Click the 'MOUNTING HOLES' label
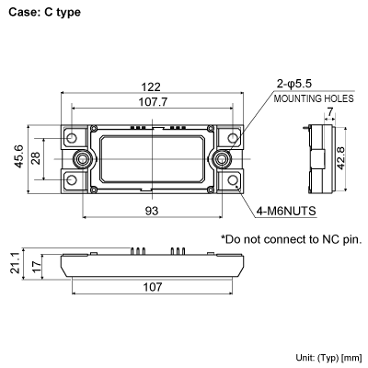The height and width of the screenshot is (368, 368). (x=309, y=98)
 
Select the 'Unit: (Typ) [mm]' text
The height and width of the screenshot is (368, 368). (x=328, y=356)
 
